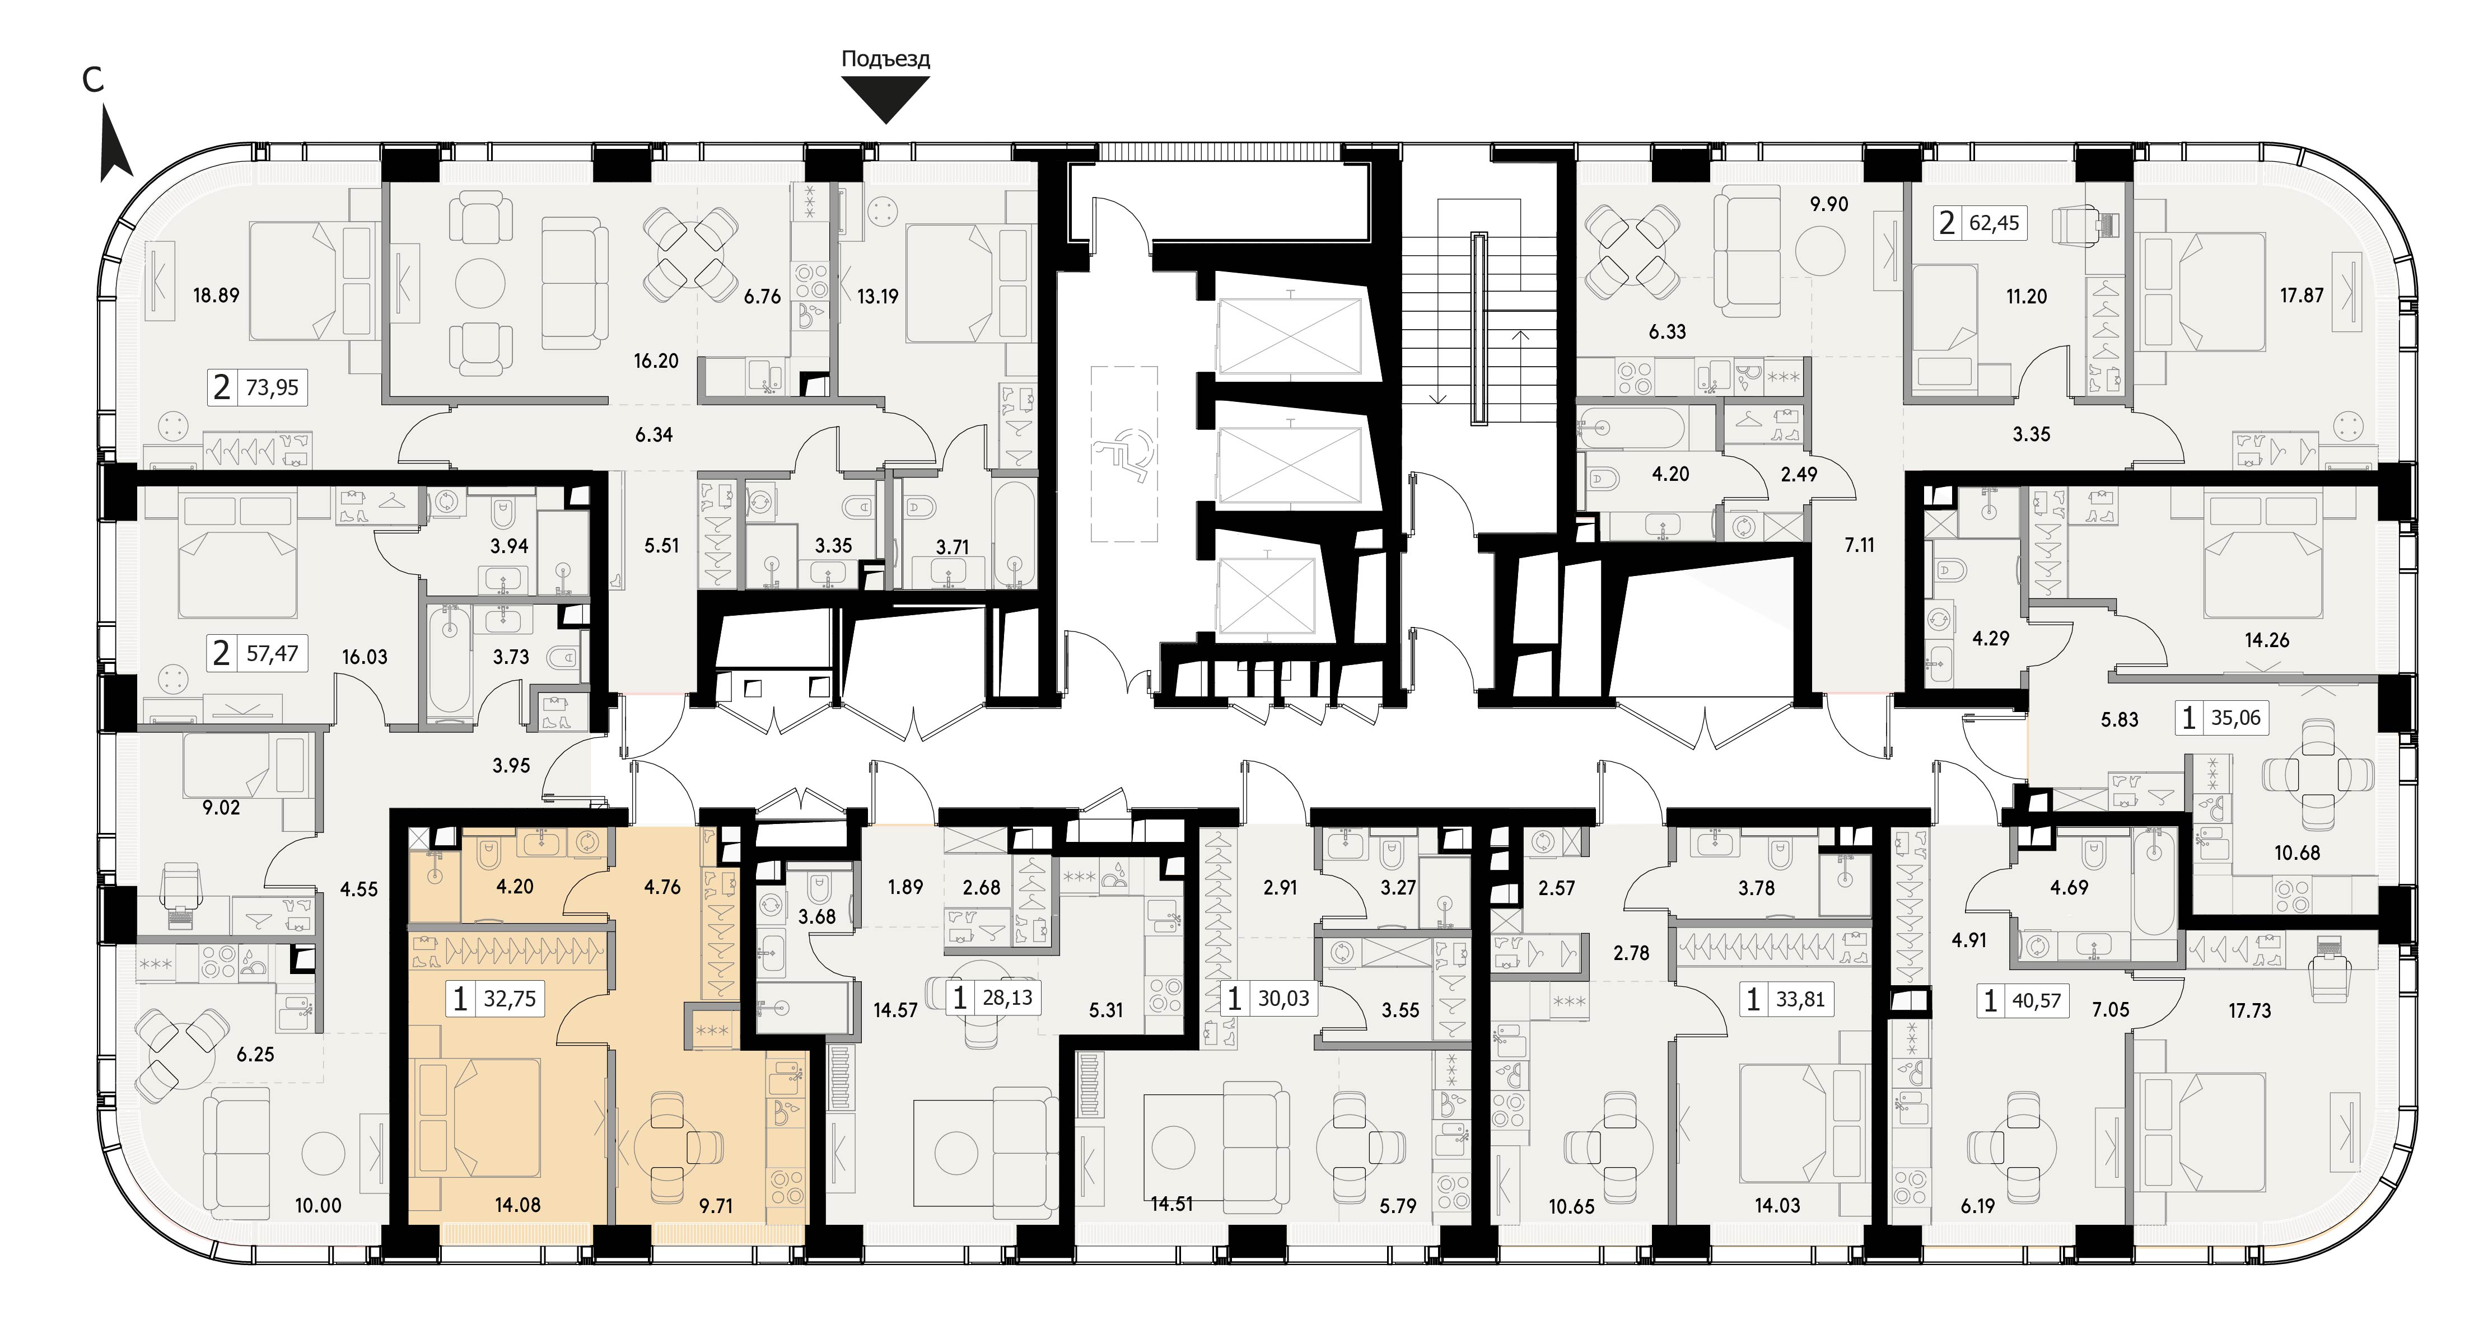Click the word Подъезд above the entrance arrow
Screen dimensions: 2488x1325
coord(886,59)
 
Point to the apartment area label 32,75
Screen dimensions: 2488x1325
coord(510,998)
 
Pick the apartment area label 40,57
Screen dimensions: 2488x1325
coord(2037,1000)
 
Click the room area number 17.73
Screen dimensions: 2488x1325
coord(2249,1010)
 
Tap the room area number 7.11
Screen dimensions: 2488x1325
coord(1859,545)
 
